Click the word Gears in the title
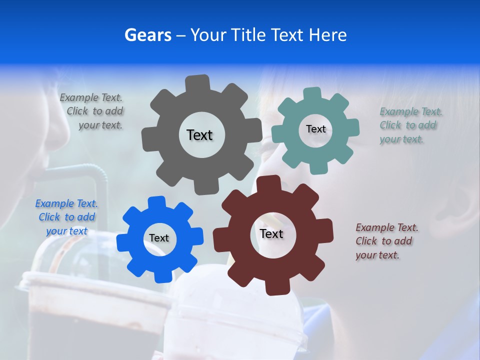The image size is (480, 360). [x=147, y=35]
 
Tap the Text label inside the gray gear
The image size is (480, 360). [x=199, y=135]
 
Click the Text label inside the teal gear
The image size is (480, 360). [x=315, y=129]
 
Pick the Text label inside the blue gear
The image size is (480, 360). [x=159, y=238]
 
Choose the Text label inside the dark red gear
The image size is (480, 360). [x=271, y=234]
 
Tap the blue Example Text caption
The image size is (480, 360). [x=66, y=217]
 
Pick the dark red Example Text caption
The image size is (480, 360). [x=386, y=241]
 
